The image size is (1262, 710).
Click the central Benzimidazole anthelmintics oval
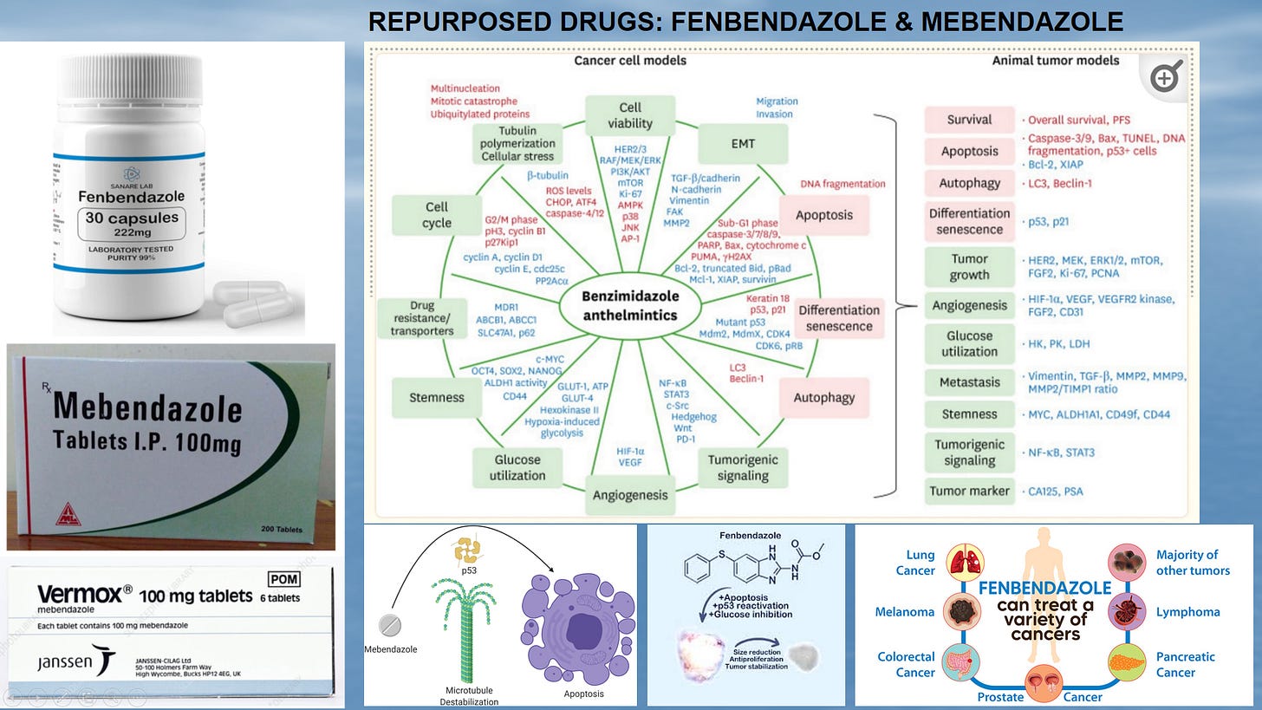618,306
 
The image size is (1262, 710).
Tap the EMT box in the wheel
743,144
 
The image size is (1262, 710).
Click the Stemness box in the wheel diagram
436,398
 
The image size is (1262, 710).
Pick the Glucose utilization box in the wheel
517,467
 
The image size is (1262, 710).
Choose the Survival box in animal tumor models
969,120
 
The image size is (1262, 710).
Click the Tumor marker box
969,491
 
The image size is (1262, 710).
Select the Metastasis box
969,382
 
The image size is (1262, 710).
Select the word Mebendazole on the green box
146,409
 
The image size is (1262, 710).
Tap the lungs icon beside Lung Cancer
961,563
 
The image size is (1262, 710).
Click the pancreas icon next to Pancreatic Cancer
1127,664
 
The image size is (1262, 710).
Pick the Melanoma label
905,612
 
